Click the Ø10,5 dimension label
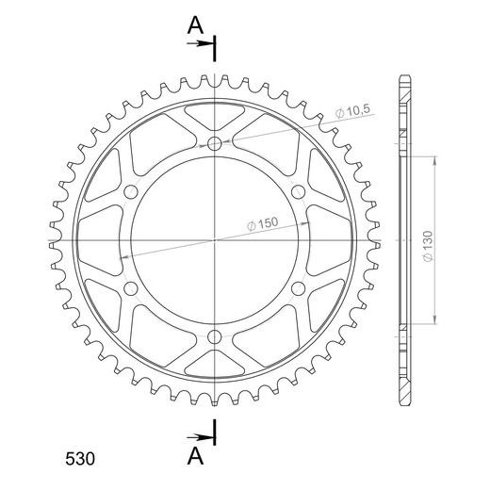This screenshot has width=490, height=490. [353, 111]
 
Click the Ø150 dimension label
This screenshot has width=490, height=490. [263, 223]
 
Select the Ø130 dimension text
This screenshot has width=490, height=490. [428, 246]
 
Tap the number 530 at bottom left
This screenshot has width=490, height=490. [80, 459]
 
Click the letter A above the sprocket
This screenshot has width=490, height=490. [195, 25]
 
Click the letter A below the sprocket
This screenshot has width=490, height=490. [195, 456]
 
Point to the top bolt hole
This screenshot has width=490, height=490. [215, 143]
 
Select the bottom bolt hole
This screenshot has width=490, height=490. [215, 337]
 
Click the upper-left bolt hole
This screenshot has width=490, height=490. [131, 192]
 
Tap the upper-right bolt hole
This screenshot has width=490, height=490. [299, 192]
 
